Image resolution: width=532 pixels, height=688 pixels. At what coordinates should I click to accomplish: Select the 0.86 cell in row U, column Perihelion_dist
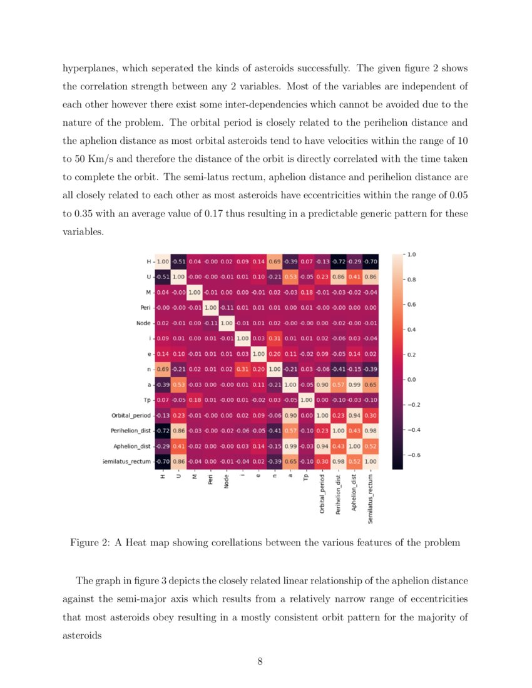click(339, 276)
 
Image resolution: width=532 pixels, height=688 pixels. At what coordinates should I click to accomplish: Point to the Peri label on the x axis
click(210, 483)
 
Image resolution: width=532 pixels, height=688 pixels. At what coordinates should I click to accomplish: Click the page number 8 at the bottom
click(260, 661)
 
